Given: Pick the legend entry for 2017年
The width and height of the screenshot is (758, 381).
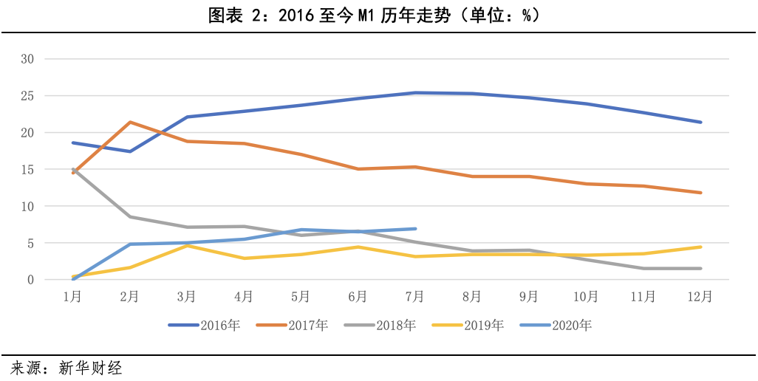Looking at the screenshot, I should pyautogui.click(x=285, y=325).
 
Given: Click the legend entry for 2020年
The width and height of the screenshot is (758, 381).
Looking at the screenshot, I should pyautogui.click(x=549, y=325).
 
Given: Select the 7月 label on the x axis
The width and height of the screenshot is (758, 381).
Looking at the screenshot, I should pyautogui.click(x=416, y=297).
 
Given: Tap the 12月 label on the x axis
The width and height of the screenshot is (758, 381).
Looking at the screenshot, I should pyautogui.click(x=700, y=297).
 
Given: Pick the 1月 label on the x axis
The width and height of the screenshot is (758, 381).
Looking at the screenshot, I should pyautogui.click(x=72, y=297).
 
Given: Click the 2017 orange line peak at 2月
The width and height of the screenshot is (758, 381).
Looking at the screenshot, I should pyautogui.click(x=130, y=122).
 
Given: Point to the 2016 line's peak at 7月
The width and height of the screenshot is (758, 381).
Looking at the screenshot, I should pyautogui.click(x=416, y=93).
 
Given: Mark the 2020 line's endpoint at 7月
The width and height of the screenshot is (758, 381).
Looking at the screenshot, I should pyautogui.click(x=416, y=229).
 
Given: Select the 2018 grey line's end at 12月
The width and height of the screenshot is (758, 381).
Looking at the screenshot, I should pyautogui.click(x=700, y=268).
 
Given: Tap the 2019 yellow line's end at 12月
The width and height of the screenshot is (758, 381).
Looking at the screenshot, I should pyautogui.click(x=700, y=247).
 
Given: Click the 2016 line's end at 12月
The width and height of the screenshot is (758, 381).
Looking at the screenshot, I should pyautogui.click(x=700, y=122).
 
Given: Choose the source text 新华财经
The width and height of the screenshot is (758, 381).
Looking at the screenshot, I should pyautogui.click(x=91, y=367).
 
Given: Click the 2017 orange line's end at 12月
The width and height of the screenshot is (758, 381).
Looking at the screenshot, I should pyautogui.click(x=700, y=193).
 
